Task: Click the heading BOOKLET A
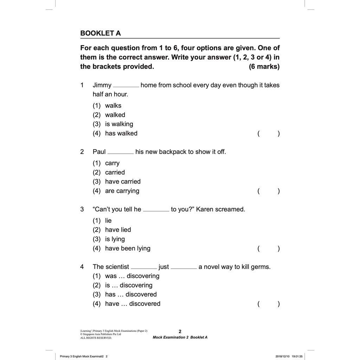click(x=101, y=33)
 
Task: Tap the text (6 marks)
click(x=264, y=66)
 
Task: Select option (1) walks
click(x=107, y=105)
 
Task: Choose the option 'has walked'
click(x=115, y=133)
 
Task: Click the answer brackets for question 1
click(x=269, y=133)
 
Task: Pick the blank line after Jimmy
click(x=126, y=85)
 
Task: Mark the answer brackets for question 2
click(x=269, y=191)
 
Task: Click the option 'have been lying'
click(x=122, y=248)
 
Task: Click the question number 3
click(x=82, y=209)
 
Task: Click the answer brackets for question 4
click(x=269, y=304)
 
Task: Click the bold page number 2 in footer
click(x=180, y=331)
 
